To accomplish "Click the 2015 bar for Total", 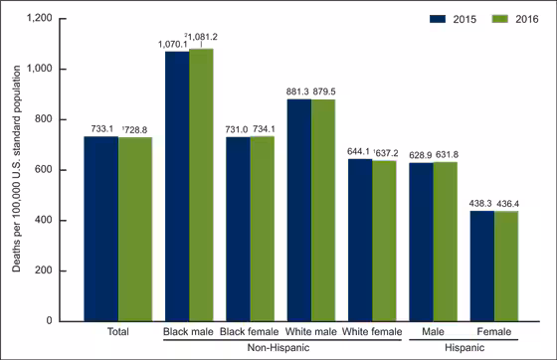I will pos(100,228).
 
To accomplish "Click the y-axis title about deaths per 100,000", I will pos(13,169).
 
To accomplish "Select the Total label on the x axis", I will pos(117,331).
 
